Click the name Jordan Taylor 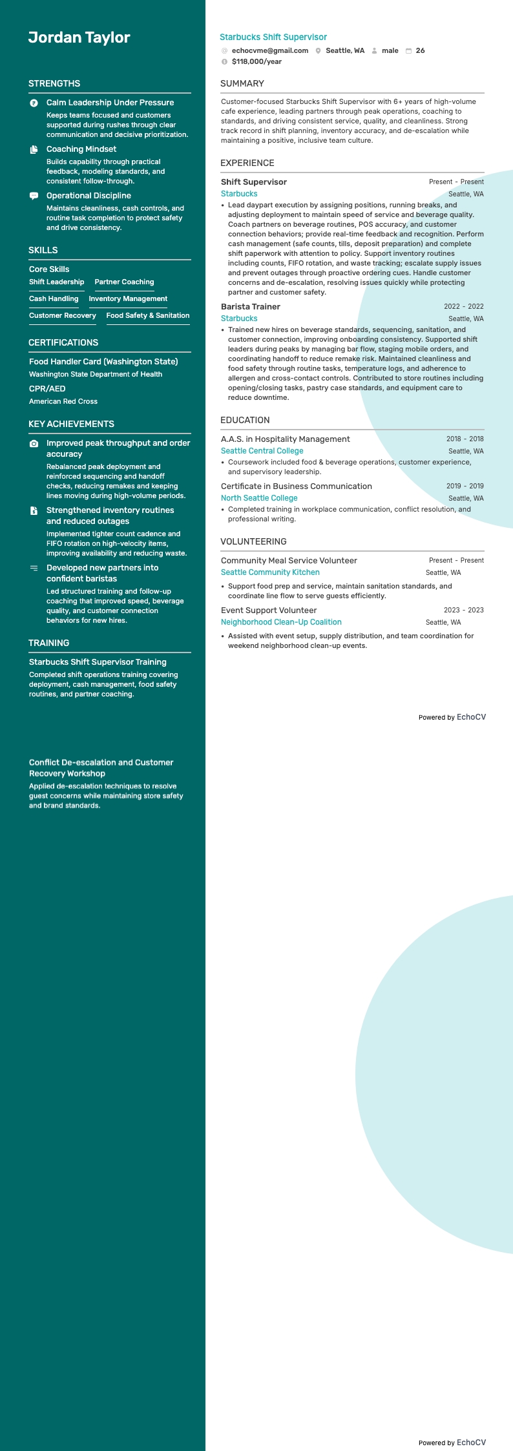pos(79,37)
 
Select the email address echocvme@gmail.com pos(269,50)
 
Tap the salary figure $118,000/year pos(256,62)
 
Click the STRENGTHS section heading pos(54,83)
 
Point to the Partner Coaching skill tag pos(124,282)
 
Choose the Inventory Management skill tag pos(128,299)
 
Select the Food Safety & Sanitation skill pos(148,316)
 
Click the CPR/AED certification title pos(47,389)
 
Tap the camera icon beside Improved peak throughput pos(34,444)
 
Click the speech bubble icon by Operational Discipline pos(34,196)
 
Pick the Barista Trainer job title pos(251,307)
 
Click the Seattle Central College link pos(262,451)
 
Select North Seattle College pos(259,498)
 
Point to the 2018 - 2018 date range pos(465,439)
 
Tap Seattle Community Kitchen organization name pos(270,572)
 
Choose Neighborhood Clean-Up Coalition pos(281,622)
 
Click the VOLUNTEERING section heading pos(253,541)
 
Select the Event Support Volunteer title pos(269,611)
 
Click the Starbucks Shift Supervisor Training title pos(98,662)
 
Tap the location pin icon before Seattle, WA pos(318,51)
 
